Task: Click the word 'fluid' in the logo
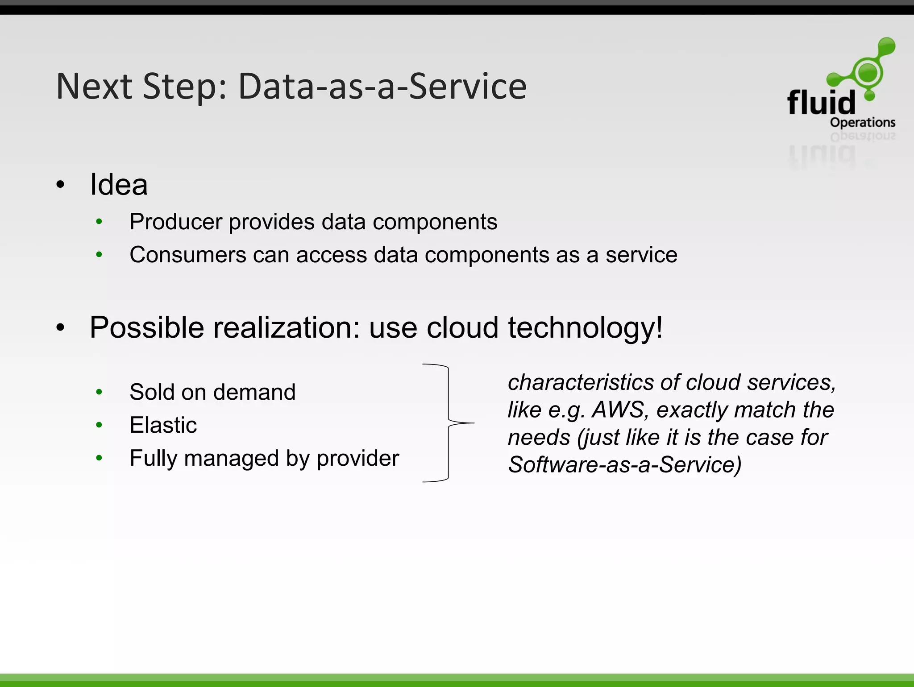[x=821, y=103]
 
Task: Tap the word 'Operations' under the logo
[x=862, y=122]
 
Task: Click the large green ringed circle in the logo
[x=868, y=73]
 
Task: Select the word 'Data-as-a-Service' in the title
[x=382, y=86]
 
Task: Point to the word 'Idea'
[x=119, y=184]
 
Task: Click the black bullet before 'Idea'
[x=60, y=184]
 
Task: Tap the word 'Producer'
[x=176, y=222]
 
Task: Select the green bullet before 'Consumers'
[x=99, y=255]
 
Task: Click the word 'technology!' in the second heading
[x=585, y=328]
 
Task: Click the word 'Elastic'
[x=163, y=425]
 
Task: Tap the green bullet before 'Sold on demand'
[x=99, y=392]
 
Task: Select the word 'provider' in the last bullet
[x=357, y=458]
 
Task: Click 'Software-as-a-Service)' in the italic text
[x=625, y=464]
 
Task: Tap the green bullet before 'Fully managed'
[x=99, y=458]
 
